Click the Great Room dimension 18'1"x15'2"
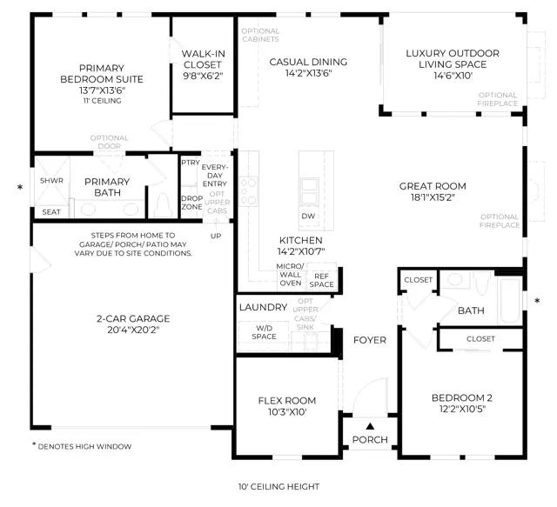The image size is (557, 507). [433, 197]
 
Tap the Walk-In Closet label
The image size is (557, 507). [203, 59]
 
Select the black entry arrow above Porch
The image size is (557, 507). [370, 426]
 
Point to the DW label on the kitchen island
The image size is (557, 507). [308, 216]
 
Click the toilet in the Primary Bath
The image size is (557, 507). [163, 205]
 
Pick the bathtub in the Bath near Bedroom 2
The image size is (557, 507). [510, 300]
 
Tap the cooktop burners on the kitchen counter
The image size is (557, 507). [248, 191]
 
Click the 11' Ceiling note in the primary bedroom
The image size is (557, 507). [103, 101]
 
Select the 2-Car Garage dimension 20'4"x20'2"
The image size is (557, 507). [133, 330]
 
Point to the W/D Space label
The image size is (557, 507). [264, 332]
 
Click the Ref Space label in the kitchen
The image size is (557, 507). [321, 280]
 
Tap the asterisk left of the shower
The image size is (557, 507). [20, 187]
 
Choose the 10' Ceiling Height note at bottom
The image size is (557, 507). [278, 486]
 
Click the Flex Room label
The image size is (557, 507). [287, 401]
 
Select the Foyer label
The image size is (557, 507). [370, 340]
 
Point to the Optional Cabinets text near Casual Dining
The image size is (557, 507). [260, 35]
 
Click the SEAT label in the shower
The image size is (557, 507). [51, 212]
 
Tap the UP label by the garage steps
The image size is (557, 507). [216, 236]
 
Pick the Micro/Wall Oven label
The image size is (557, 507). [290, 275]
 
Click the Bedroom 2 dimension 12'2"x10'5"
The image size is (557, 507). [462, 409]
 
